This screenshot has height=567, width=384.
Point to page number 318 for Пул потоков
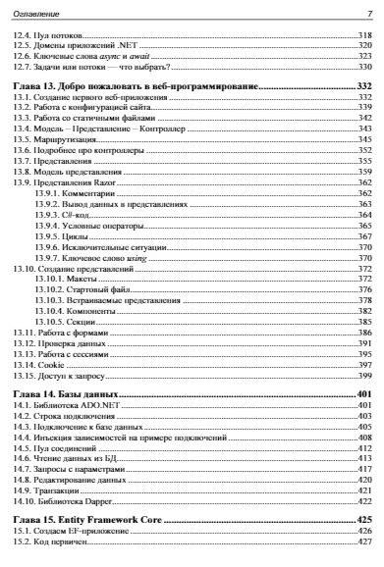363,35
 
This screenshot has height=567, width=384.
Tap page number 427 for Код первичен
363,541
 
